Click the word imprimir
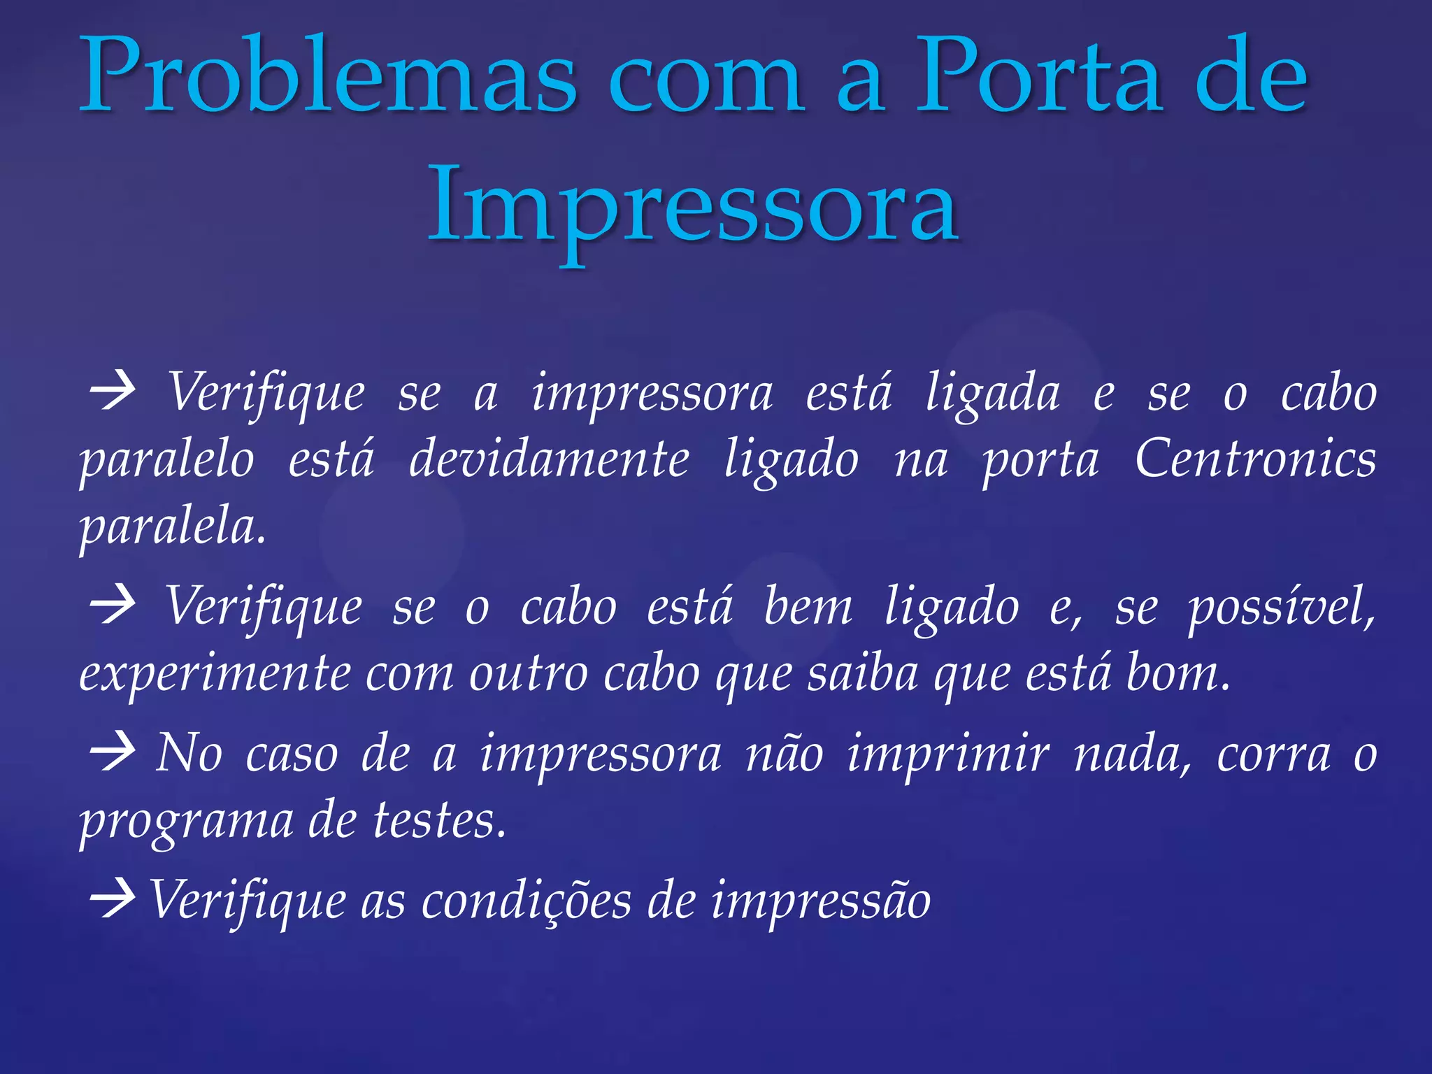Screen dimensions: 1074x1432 [x=948, y=755]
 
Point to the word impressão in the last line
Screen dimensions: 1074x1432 [x=821, y=902]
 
